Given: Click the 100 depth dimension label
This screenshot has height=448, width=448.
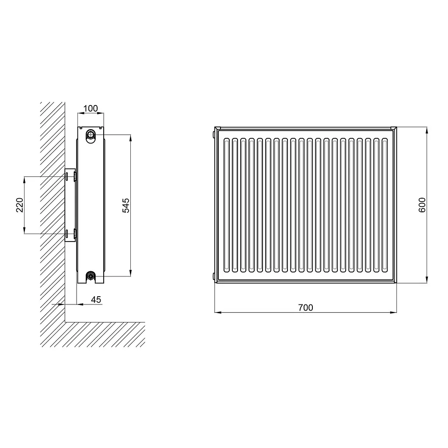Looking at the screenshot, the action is (x=91, y=108).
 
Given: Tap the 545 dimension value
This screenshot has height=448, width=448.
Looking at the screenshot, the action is (x=126, y=206).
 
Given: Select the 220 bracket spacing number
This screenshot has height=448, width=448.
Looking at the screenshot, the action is (x=19, y=205).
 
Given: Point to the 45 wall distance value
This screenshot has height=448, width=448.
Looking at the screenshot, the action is (x=96, y=299).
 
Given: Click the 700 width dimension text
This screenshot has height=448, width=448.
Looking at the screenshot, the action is (x=305, y=308).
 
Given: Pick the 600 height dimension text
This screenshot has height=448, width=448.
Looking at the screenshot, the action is (x=422, y=205).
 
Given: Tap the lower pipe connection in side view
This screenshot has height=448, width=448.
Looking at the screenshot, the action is (x=91, y=276).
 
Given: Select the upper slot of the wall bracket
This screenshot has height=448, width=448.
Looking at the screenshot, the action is (x=66, y=177).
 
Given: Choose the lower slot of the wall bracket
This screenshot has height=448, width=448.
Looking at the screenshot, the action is (x=66, y=234).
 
